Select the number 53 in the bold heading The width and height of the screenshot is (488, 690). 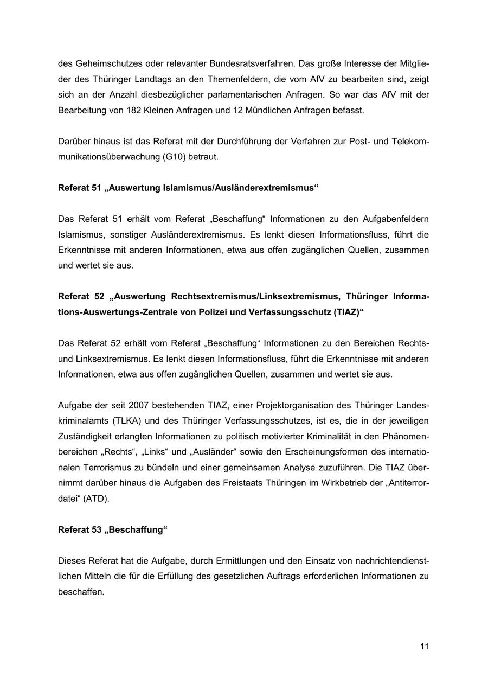pyautogui.click(x=96, y=529)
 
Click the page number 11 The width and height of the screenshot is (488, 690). pyautogui.click(x=424, y=646)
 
